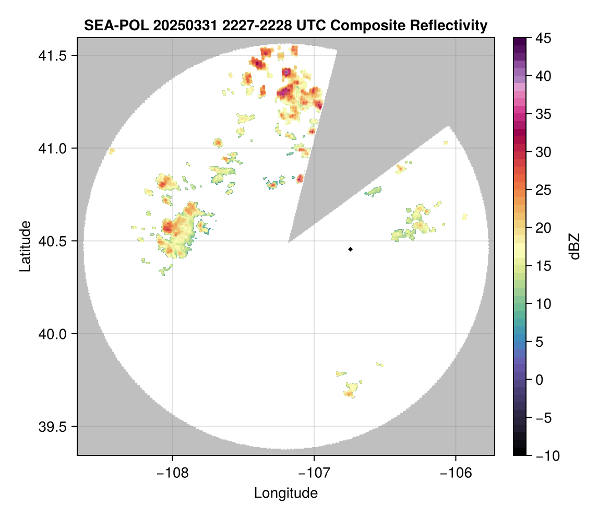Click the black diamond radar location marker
click(351, 249)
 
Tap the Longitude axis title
click(286, 492)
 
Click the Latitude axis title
click(25, 246)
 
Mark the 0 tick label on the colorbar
click(537, 380)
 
